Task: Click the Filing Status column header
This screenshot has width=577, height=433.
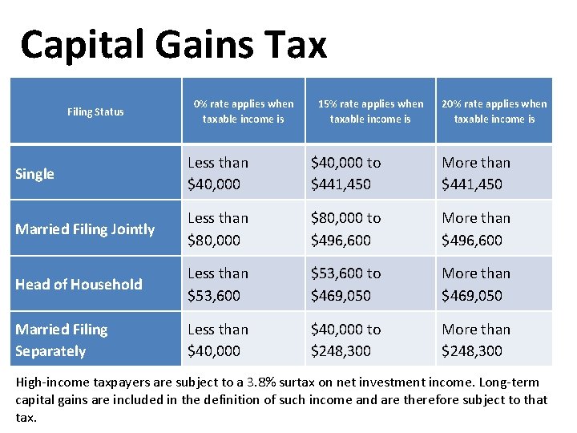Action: [x=95, y=111]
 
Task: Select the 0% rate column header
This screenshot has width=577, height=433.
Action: [x=243, y=111]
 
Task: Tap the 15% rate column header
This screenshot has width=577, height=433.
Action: [x=370, y=111]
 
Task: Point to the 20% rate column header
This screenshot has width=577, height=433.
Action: [x=494, y=111]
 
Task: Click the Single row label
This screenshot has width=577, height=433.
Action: [x=35, y=174]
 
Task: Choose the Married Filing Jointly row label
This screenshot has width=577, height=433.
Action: [x=85, y=229]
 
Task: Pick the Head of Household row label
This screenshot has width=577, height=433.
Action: [x=79, y=285]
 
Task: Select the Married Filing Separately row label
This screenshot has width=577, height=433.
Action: [x=61, y=340]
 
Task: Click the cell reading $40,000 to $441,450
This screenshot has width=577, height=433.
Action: [x=346, y=173]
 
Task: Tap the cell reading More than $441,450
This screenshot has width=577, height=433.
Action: [x=476, y=173]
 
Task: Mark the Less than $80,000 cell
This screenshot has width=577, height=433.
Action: [x=218, y=229]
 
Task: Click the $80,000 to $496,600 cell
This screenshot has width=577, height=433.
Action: [x=346, y=229]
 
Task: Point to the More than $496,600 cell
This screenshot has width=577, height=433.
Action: [x=476, y=229]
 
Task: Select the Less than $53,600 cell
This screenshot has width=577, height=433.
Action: [x=218, y=284]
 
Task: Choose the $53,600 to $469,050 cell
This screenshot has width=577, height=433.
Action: [x=346, y=284]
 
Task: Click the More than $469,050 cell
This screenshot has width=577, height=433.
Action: [x=476, y=284]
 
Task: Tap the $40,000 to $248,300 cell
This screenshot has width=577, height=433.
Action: [x=346, y=340]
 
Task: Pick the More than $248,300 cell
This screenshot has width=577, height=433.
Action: [x=476, y=340]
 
